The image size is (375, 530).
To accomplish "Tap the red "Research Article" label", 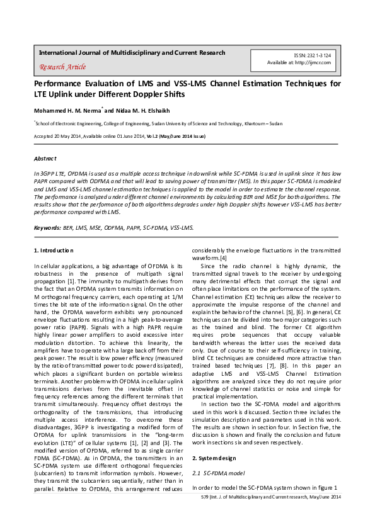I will coord(62,67).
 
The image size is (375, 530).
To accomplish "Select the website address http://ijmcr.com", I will coord(323,62).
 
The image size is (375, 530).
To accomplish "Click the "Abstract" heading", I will coord(45,158).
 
